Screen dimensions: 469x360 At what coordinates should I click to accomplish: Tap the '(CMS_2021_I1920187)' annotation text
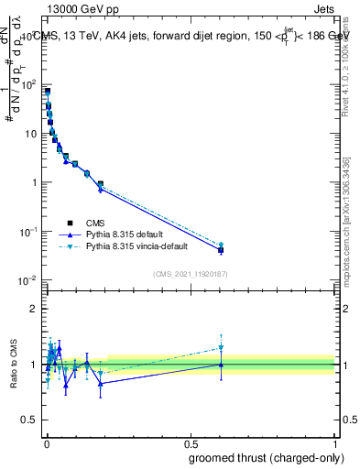pyautogui.click(x=190, y=274)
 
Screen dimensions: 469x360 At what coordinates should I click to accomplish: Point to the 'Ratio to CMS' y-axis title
pyautogui.click(x=12, y=365)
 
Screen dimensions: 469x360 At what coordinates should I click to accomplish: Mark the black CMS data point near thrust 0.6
pyautogui.click(x=221, y=250)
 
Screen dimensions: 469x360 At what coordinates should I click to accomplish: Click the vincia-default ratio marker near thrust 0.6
pyautogui.click(x=221, y=348)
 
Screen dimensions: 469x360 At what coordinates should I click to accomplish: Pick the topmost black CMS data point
pyautogui.click(x=47, y=92)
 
